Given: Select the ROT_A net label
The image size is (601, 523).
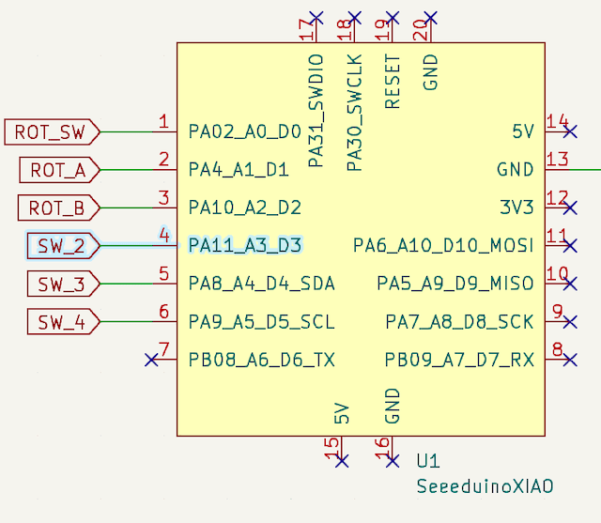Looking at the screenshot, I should (57, 170).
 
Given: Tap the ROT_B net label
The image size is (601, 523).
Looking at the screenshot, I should (57, 208).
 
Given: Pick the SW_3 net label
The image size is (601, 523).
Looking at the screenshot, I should (61, 284).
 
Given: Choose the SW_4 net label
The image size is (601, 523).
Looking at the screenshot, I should (61, 322).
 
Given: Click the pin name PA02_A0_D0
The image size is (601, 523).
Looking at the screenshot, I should (244, 132).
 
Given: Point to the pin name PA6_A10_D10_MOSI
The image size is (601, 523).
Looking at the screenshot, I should (443, 246).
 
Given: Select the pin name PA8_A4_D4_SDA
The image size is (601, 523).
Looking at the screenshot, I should (262, 284).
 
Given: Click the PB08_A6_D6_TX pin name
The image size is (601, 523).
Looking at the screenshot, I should (262, 360).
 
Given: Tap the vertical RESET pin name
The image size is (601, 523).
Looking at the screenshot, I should (393, 82).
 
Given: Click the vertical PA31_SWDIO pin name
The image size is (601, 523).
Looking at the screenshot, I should (316, 111).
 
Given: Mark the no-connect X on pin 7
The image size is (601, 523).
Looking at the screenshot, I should (151, 360).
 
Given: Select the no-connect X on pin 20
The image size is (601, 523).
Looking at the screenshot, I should (431, 18).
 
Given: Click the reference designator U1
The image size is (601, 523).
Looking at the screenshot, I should (428, 462).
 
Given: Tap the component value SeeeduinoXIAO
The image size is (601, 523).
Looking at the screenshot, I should (485, 486).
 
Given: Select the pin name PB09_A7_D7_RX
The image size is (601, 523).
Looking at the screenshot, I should (459, 360).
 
